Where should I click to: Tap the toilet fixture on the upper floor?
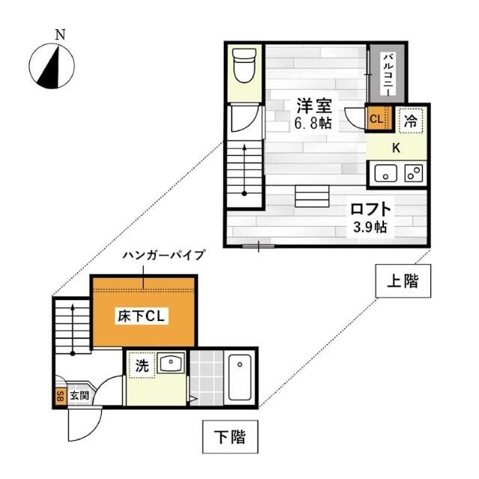coord(244,66)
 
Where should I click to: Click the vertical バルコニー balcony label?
coord(388,73)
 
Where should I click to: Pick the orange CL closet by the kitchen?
coord(376,118)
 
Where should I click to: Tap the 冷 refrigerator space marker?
coord(411,118)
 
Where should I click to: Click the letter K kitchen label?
coord(397,147)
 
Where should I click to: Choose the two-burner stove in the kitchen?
coord(412,174)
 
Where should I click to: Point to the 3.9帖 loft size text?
coord(370,226)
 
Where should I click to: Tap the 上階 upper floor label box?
coord(403,282)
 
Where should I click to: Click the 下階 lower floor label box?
coord(230,437)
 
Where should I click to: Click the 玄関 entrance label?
coord(79,395)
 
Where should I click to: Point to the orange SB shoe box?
coord(60,396)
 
